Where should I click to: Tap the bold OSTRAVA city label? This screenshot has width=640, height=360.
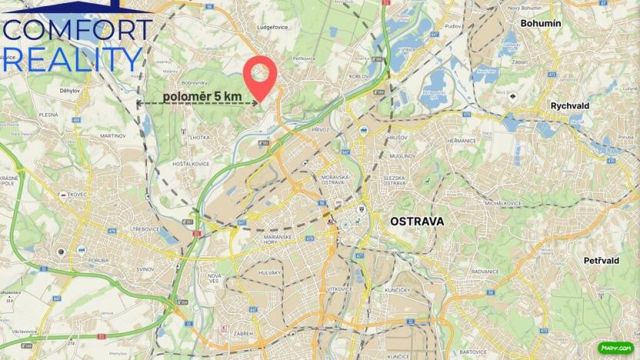417,221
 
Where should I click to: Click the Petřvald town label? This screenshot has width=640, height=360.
601,261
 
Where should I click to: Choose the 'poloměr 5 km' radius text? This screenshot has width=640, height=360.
202,96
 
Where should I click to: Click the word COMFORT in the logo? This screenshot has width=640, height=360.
77,30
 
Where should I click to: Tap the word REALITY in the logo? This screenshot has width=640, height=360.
73,59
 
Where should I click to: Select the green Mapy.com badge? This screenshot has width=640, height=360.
615,348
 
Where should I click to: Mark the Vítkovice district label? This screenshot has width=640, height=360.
338,288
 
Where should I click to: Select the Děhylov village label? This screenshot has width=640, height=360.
71,90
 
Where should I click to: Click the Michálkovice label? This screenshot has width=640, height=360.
503,203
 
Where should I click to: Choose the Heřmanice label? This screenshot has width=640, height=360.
461,141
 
